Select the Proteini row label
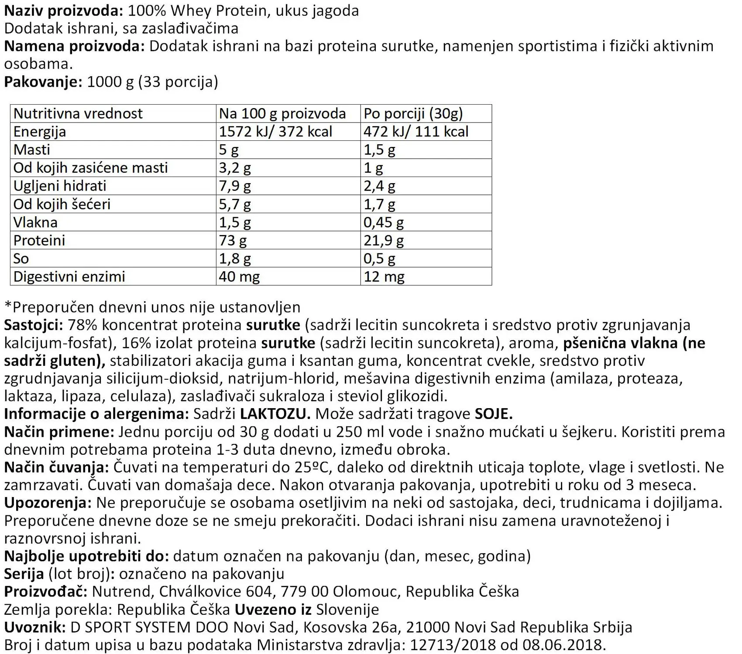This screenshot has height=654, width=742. tap(39, 240)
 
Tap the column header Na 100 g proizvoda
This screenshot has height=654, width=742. tap(282, 113)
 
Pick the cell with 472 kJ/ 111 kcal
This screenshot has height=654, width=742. tap(416, 131)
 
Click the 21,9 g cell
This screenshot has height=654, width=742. tap(384, 240)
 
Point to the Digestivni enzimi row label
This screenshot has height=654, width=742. tap(69, 276)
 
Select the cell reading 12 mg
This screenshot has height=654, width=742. tap(384, 276)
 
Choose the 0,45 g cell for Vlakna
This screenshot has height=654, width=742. tap(384, 222)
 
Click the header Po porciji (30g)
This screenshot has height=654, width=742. tap(413, 113)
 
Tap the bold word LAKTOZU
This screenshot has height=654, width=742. tap(275, 413)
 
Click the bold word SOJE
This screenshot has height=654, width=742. tap(494, 413)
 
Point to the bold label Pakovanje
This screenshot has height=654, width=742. tap(43, 82)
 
